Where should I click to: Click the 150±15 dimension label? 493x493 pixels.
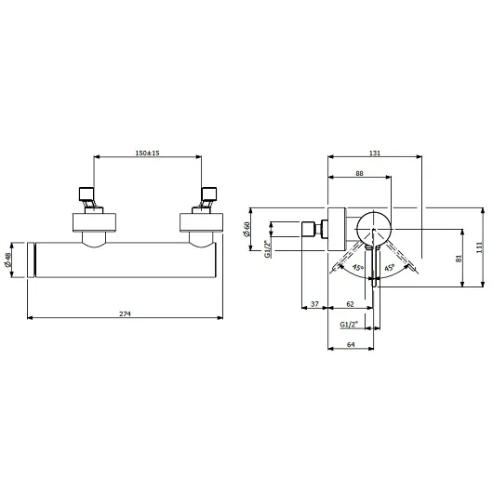[x=148, y=153]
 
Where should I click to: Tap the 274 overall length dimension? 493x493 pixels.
[x=125, y=313]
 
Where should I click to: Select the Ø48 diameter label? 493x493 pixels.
[x=7, y=260]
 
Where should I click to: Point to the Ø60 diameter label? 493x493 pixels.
[x=246, y=229]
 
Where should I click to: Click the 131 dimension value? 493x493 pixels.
[x=375, y=153]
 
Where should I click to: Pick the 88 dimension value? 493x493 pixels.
[x=359, y=173]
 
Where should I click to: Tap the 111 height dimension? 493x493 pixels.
[x=479, y=247]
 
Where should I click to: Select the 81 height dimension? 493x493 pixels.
[x=459, y=259]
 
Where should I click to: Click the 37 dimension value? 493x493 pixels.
[x=314, y=304]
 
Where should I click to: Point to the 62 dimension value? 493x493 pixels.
[x=350, y=304]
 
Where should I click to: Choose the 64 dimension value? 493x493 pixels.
[x=351, y=344]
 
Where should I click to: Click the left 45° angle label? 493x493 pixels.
[x=358, y=268]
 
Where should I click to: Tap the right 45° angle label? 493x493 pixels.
[x=389, y=268]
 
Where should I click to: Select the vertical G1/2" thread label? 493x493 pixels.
[x=267, y=248]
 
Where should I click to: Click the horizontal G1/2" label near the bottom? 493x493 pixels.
[x=349, y=324]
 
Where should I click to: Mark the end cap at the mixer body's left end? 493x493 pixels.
[x=31, y=260]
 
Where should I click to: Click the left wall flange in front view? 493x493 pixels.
[x=94, y=222]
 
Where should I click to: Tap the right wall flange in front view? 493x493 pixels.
[x=201, y=222]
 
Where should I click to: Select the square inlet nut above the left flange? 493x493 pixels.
[x=87, y=193]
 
